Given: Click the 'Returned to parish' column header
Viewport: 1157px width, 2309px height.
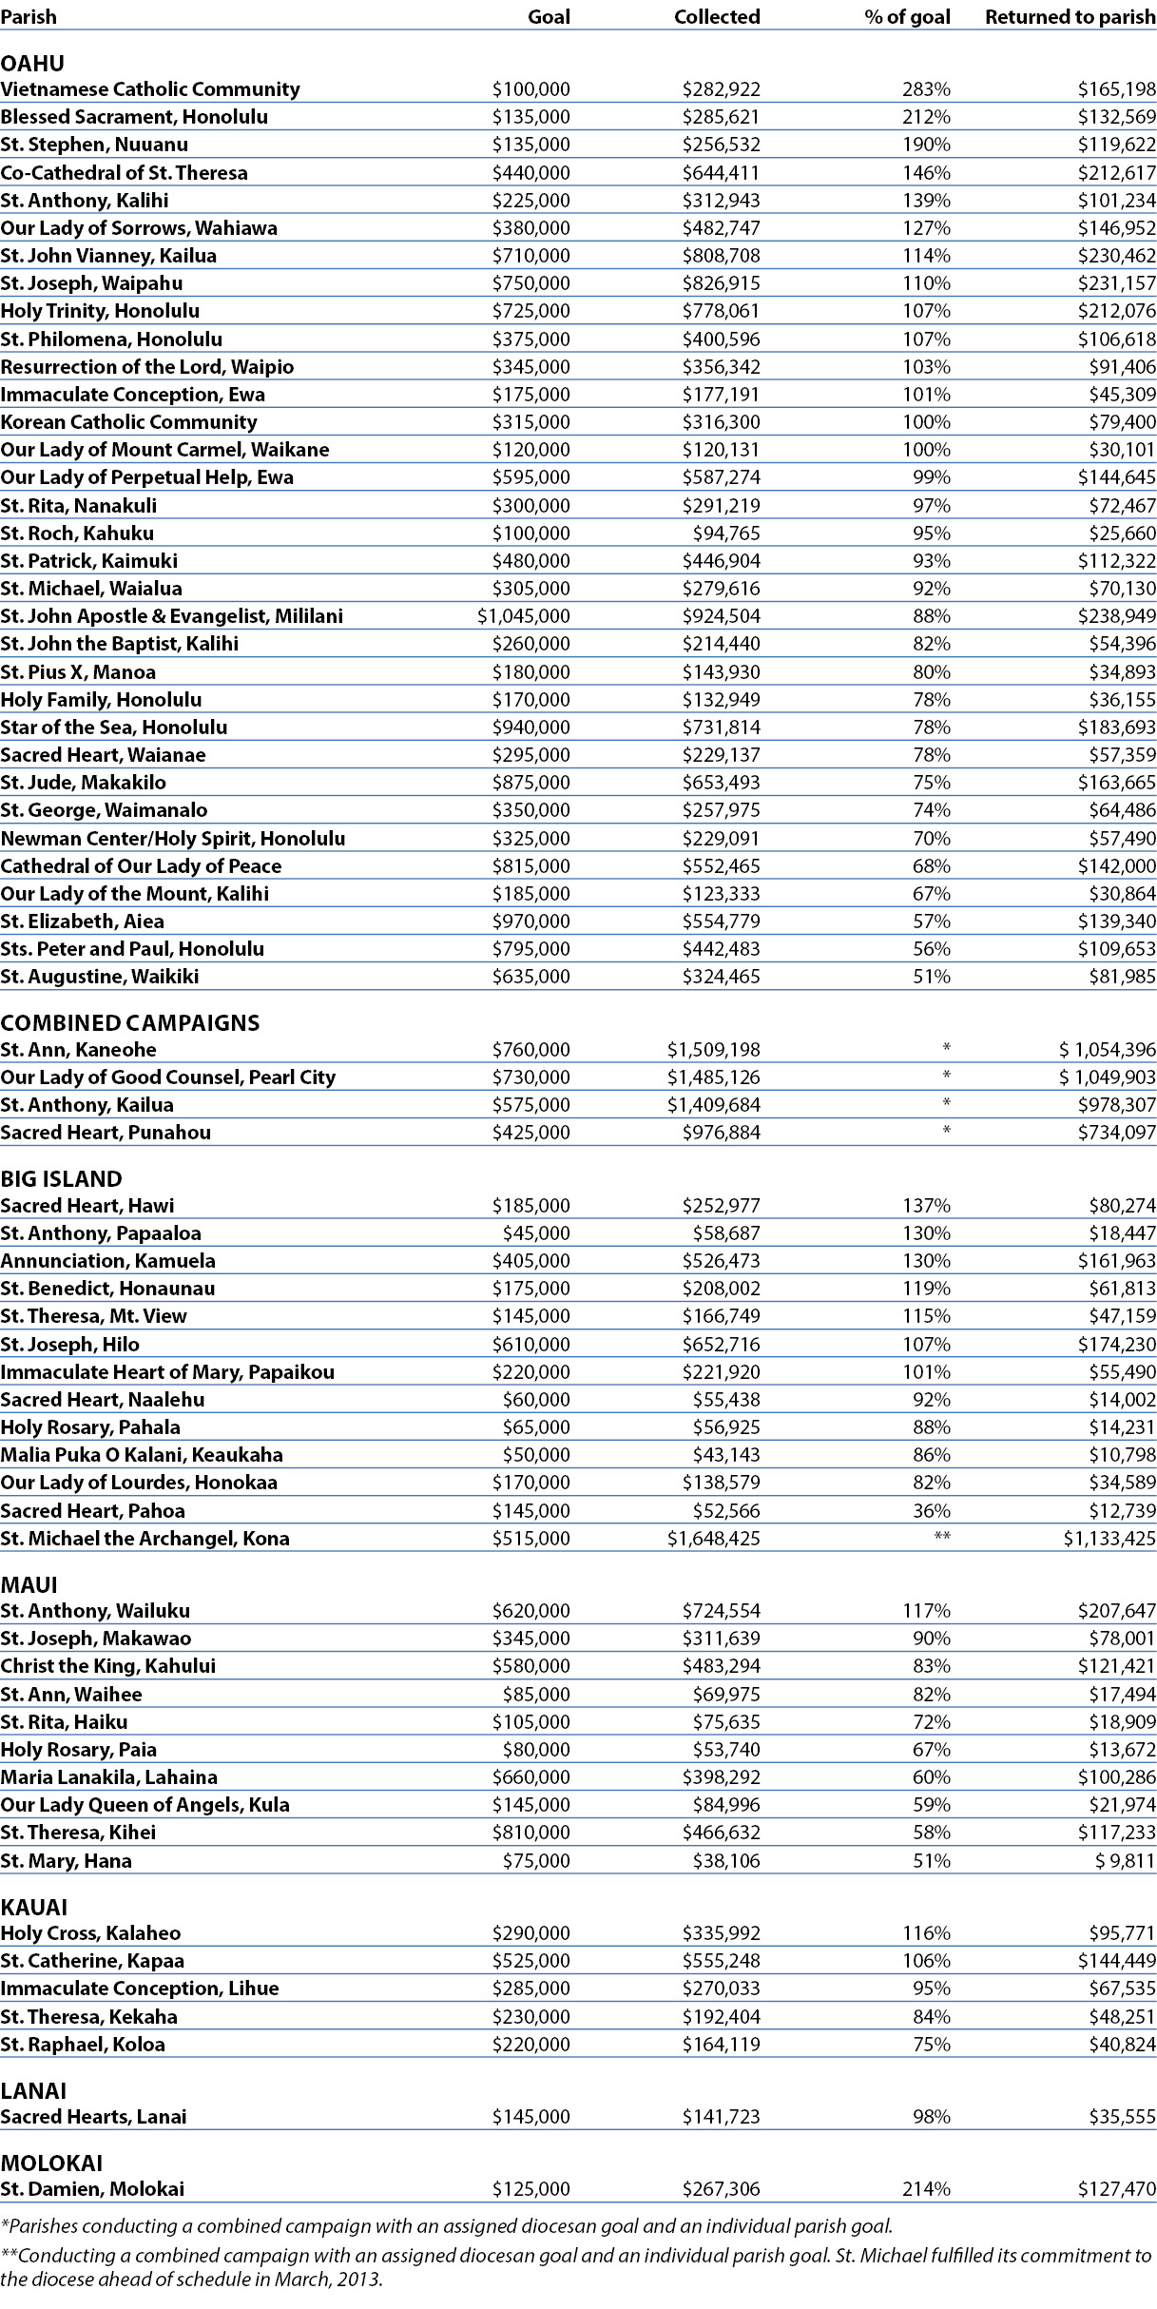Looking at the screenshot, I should pos(1070,17).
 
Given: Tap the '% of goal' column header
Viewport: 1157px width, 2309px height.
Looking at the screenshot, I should pos(907,17).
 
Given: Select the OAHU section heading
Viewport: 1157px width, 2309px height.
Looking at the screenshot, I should pos(32,64).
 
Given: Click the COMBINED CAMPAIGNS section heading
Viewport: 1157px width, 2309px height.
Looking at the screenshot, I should pos(130,1022).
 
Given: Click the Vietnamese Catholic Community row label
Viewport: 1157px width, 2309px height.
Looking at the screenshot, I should pos(150,89).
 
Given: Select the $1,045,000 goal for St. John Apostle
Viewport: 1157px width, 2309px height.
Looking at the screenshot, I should pos(524,616).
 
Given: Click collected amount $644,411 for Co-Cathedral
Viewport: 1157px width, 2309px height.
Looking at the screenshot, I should pos(721,173).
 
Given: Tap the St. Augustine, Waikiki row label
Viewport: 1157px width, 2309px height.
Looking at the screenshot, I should pos(100,977).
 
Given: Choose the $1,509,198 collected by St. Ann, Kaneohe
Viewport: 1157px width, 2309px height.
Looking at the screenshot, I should pos(713,1050).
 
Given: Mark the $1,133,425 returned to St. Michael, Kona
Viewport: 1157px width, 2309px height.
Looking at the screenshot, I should pos(1109,1539).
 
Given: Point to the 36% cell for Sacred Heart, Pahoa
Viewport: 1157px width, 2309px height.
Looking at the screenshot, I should pos(932,1511).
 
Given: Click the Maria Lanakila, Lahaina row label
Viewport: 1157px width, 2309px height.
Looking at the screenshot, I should pos(109,1777).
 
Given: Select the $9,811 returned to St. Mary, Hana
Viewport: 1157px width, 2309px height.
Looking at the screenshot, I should pos(1126,1861).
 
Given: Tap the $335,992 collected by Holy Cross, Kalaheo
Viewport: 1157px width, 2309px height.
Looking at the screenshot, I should pos(721,1933).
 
